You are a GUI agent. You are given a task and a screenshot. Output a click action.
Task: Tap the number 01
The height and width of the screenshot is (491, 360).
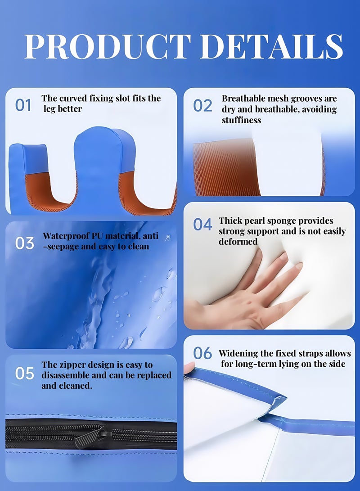point(23,105)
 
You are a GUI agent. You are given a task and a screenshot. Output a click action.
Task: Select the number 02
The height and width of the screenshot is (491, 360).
point(202,105)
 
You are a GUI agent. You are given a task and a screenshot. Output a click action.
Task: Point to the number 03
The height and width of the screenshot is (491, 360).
point(24,243)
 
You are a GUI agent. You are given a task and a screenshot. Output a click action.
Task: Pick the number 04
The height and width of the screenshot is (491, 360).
point(202,224)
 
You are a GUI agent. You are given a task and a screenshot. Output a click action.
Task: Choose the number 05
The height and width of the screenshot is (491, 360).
point(24,373)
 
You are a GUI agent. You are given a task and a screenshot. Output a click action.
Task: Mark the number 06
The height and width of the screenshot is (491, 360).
point(202,353)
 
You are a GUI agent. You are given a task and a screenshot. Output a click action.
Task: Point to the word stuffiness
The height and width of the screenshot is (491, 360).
point(241,120)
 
